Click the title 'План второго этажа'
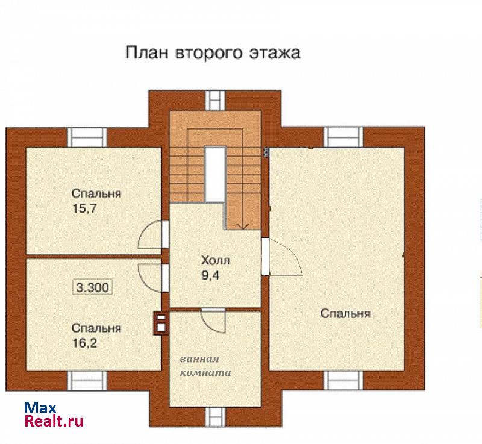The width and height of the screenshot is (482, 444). tap(213, 52)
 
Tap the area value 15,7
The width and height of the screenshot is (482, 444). tap(84, 208)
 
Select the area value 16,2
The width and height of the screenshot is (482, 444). tap(84, 343)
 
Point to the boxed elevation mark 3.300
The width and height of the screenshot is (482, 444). tap(93, 287)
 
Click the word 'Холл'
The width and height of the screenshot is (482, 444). tap(215, 261)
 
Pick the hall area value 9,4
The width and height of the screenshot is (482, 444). tap(210, 275)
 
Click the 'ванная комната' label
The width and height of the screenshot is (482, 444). tap(205, 366)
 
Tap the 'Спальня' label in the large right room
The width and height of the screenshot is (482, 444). tap(345, 314)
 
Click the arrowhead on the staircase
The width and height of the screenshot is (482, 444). tap(243, 226)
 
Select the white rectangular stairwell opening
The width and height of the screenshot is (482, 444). tap(216, 175)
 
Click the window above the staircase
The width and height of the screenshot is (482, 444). tap(216, 100)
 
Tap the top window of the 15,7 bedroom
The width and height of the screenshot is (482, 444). tap(87, 137)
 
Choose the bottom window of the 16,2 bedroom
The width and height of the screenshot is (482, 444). tap(87, 381)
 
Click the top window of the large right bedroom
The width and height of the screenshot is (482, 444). tap(343, 137)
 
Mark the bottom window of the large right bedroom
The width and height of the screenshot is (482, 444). tap(343, 380)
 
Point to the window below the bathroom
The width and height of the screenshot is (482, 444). tap(216, 417)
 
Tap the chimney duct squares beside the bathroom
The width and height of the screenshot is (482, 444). tap(161, 323)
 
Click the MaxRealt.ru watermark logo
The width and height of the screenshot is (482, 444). tap(54, 414)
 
